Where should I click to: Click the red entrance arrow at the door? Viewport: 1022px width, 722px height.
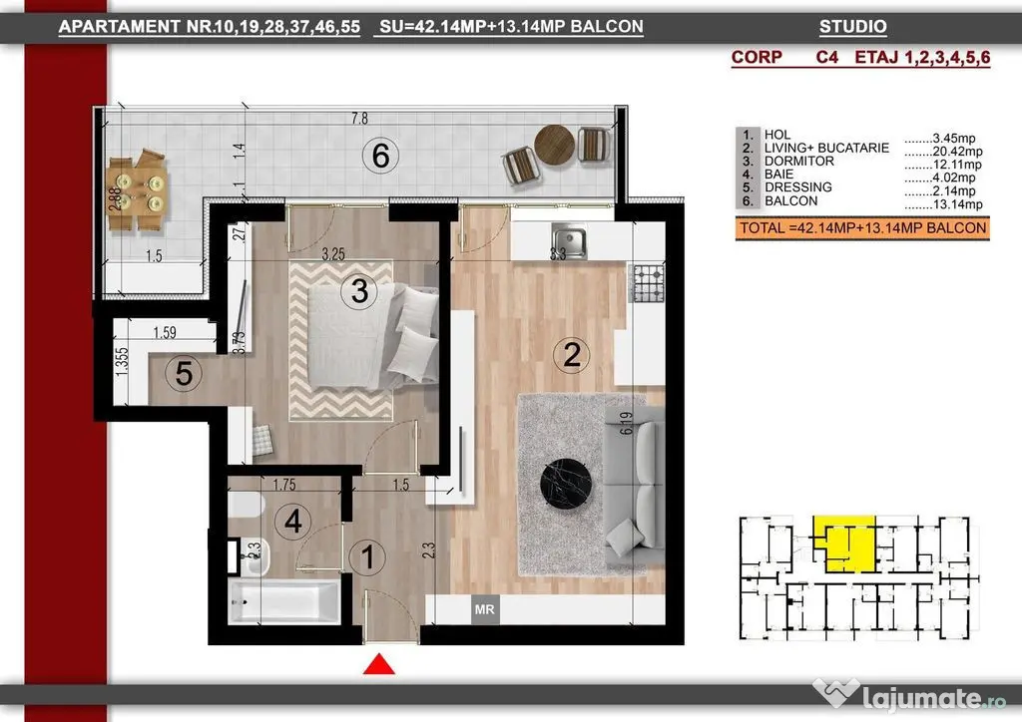click(378, 665)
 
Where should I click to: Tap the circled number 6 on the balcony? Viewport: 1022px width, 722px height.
click(380, 156)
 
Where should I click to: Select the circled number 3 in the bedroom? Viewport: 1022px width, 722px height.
click(359, 290)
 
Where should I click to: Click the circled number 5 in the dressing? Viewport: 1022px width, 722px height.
click(184, 374)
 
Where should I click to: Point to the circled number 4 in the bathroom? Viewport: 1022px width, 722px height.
click(292, 521)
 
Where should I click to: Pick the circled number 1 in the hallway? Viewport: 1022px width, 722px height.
click(367, 557)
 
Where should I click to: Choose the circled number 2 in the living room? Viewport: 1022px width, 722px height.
click(571, 355)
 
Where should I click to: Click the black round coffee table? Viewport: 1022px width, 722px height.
click(566, 485)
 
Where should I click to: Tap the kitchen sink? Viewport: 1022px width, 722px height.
click(568, 239)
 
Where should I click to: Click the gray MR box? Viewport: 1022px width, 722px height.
click(484, 609)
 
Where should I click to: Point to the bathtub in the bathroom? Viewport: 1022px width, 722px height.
click(284, 601)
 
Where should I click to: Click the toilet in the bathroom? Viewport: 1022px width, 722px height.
click(246, 505)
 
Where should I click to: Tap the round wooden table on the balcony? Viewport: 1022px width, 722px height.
click(555, 145)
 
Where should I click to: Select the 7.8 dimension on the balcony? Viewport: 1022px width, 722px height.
click(359, 119)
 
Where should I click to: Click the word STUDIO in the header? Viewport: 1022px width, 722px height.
click(852, 27)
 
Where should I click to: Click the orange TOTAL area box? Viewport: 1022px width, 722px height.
click(862, 228)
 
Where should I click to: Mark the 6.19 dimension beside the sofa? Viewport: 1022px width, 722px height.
click(627, 423)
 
